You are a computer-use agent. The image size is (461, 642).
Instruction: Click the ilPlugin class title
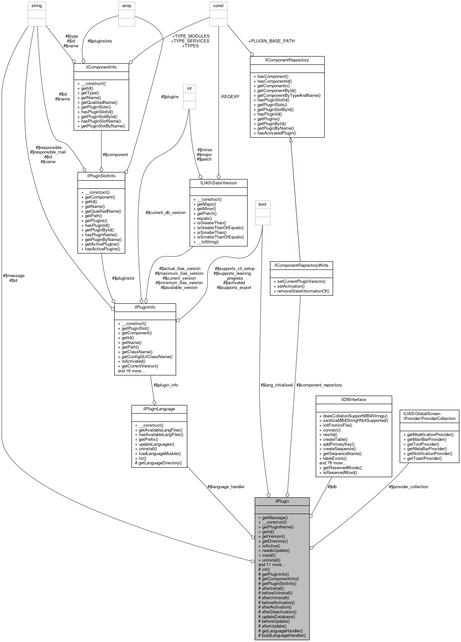click(x=282, y=501)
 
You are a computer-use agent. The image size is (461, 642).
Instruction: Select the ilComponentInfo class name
click(x=101, y=67)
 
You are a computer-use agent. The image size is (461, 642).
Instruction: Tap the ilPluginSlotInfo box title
click(x=101, y=176)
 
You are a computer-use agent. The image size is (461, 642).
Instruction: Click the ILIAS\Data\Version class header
click(x=218, y=183)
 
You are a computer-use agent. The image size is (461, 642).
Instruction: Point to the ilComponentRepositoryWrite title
click(x=301, y=265)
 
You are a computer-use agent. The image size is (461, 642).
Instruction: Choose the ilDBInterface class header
click(x=354, y=400)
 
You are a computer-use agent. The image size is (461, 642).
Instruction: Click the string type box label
click(x=37, y=6)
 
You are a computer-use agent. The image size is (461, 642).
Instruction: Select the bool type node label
click(x=263, y=204)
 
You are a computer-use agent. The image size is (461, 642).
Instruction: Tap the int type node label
click(x=189, y=88)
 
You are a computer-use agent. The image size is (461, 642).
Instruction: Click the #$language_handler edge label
click(x=226, y=487)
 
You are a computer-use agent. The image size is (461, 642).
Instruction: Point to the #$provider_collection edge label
click(x=408, y=487)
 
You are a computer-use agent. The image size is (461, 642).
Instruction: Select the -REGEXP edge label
click(x=230, y=97)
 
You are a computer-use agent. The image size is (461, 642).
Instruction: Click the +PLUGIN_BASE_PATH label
click(x=271, y=41)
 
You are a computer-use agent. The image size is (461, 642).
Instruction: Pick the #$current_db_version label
click(x=166, y=212)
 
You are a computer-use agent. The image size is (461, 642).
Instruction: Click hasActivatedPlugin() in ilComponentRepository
click(x=276, y=133)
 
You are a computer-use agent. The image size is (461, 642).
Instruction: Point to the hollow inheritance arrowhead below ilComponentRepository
click(x=291, y=140)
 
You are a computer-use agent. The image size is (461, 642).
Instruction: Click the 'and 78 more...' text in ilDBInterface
click(x=332, y=463)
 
